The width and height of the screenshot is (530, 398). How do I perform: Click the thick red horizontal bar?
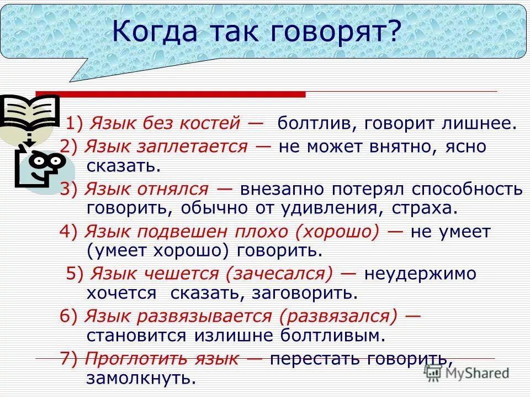coord(171,95)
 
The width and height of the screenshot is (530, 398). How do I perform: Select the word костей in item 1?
coord(209,123)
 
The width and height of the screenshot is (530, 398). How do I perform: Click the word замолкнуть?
coord(141,378)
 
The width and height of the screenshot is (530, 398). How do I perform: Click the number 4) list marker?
coord(70,232)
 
